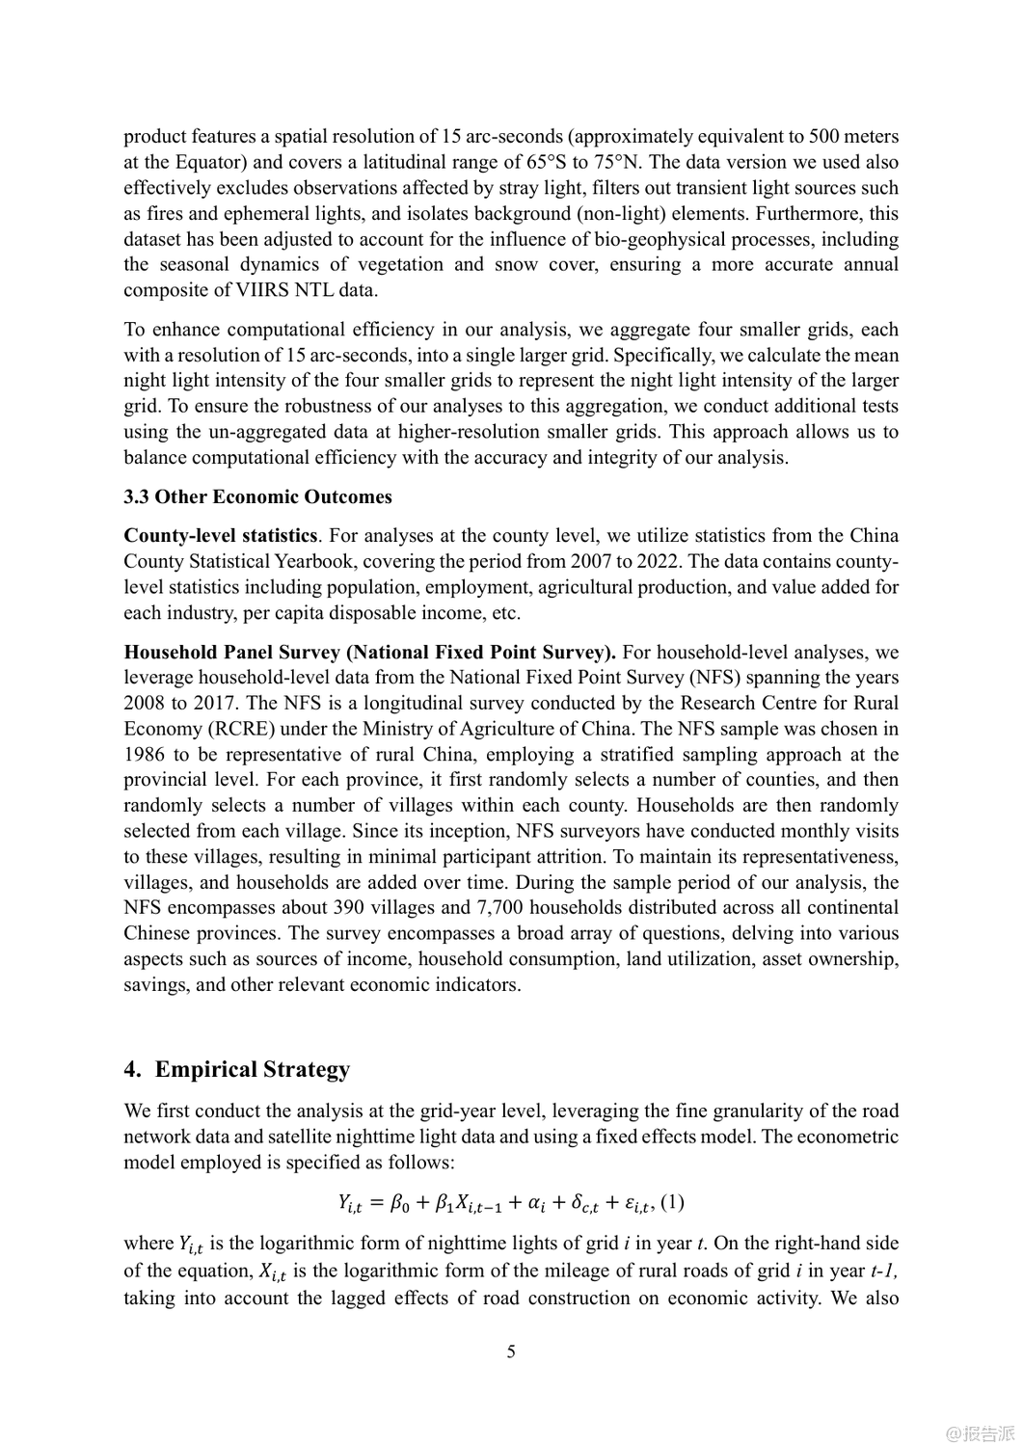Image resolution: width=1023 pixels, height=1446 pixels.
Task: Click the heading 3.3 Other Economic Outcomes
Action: click(x=257, y=497)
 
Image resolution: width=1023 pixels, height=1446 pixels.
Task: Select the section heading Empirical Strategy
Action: click(x=252, y=1069)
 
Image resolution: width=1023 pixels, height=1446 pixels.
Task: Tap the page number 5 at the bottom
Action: click(x=511, y=1352)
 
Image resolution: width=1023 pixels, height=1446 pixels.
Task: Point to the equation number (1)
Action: click(x=672, y=1202)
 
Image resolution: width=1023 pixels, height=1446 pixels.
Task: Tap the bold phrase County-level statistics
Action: click(x=221, y=536)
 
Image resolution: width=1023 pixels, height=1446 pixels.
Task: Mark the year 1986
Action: click(x=144, y=755)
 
